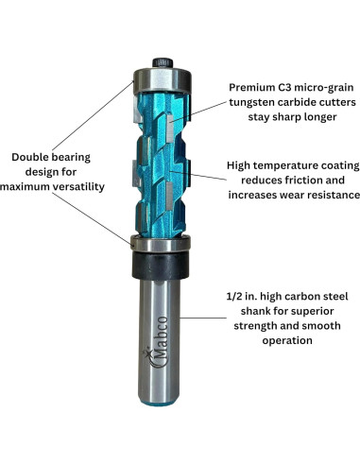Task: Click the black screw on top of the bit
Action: (163, 62)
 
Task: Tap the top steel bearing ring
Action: (163, 80)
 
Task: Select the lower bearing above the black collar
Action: (161, 243)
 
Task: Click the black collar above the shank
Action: (161, 266)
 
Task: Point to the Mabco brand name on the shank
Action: (162, 339)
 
